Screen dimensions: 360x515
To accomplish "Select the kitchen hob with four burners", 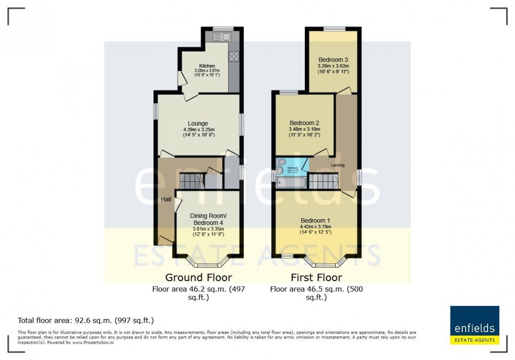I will [x=234, y=56].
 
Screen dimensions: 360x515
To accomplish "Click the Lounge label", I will [x=199, y=124].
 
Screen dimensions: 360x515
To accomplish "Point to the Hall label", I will [x=166, y=199].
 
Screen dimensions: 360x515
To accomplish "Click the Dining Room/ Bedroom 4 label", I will [x=208, y=219].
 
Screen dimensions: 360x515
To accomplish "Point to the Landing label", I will [x=338, y=165].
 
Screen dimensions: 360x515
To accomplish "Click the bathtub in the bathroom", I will [x=291, y=182].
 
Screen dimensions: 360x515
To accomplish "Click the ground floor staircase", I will [x=191, y=181].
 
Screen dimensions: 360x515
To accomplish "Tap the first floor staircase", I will [x=322, y=182].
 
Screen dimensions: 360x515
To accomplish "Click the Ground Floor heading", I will [x=199, y=277].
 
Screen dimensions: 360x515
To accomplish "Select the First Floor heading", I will [x=316, y=277].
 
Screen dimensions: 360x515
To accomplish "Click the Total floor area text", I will [x=86, y=320].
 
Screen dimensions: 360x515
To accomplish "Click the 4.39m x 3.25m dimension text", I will [x=199, y=130].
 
